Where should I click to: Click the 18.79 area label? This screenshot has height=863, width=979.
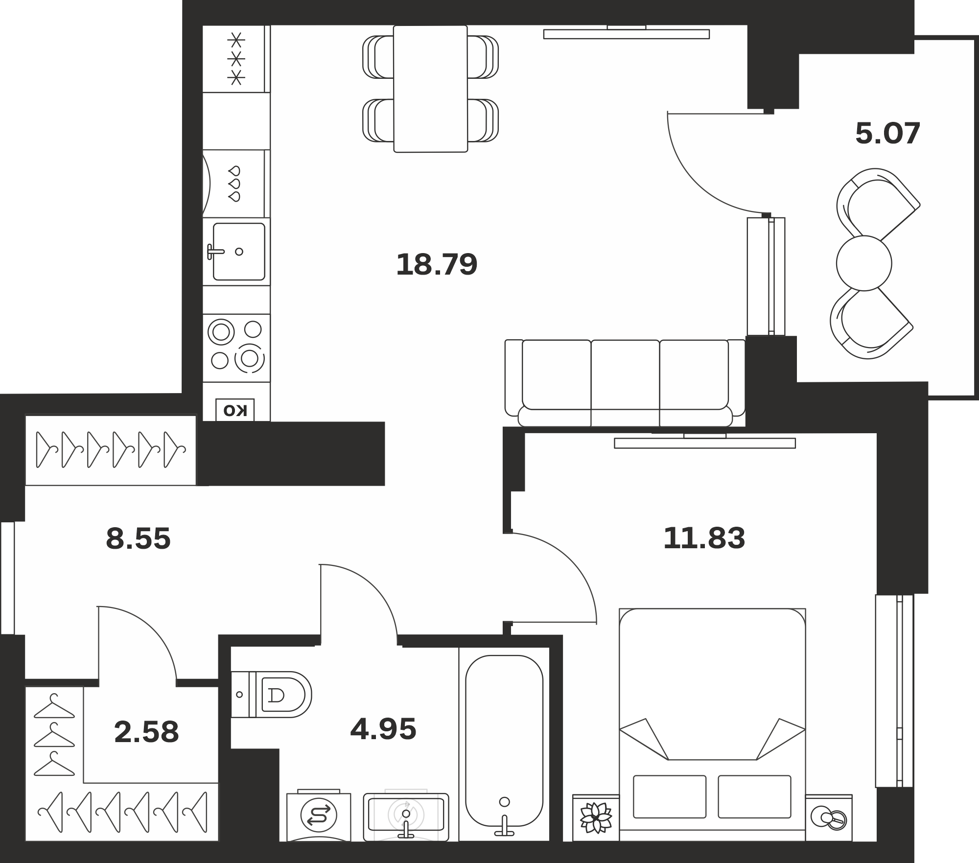[436, 264]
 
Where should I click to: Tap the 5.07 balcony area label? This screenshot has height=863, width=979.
[888, 133]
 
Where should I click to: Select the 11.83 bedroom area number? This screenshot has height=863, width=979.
[704, 538]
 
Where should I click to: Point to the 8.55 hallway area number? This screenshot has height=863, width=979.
[138, 538]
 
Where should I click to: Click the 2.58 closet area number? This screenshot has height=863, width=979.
[146, 732]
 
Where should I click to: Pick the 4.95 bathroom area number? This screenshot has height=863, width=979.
[383, 729]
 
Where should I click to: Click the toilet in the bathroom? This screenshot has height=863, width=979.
[271, 694]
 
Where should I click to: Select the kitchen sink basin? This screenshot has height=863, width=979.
[239, 252]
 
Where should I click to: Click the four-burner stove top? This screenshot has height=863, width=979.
[236, 348]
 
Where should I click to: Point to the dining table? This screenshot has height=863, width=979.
[431, 89]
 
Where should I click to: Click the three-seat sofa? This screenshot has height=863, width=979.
[625, 383]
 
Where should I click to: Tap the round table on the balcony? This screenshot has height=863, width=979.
[864, 263]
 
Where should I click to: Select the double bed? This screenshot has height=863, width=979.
[712, 724]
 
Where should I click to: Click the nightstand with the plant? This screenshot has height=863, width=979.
[596, 817]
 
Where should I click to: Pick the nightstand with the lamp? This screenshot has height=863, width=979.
[829, 817]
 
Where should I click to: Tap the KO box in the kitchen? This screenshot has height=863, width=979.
[235, 410]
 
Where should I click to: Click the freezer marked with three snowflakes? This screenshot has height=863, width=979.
[236, 59]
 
